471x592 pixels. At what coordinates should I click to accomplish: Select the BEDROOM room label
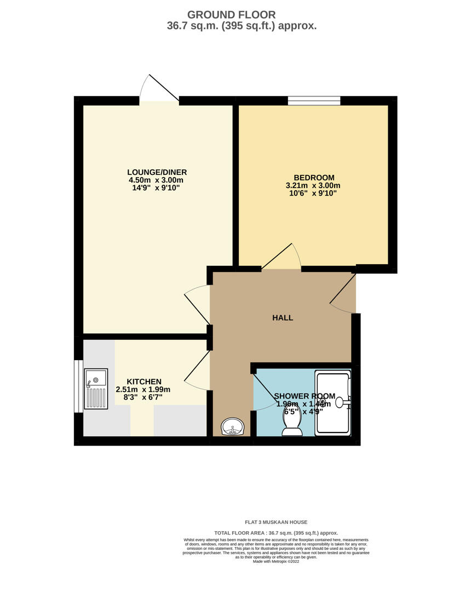(x=313, y=178)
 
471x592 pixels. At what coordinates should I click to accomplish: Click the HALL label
(x=283, y=318)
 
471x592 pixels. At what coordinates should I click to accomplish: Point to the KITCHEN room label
(x=144, y=382)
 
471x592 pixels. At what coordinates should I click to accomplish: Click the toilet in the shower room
(x=292, y=423)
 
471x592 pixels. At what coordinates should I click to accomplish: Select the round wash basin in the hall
(x=233, y=426)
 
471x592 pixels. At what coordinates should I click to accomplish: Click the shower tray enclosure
(x=332, y=403)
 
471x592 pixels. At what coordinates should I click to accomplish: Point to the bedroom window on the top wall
(x=314, y=101)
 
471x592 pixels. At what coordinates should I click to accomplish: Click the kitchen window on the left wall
(x=78, y=386)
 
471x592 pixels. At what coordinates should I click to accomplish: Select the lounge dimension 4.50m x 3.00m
(x=156, y=180)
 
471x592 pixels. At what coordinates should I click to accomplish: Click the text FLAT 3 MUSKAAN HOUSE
(x=276, y=522)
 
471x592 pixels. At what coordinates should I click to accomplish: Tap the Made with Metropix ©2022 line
(x=276, y=561)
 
